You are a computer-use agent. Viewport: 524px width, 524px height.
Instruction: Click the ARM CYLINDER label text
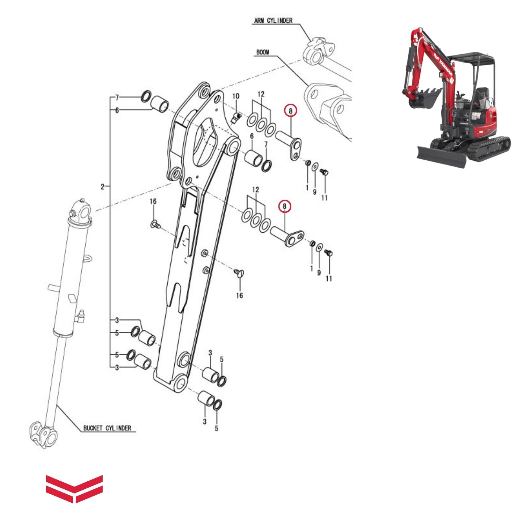click(x=273, y=21)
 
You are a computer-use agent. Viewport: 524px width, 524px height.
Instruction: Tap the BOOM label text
click(x=263, y=52)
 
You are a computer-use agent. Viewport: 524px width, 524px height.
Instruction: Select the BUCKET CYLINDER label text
click(x=107, y=428)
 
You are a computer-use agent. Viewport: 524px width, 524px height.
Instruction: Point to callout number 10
click(x=236, y=96)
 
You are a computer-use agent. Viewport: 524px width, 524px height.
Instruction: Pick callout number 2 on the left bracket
click(x=102, y=187)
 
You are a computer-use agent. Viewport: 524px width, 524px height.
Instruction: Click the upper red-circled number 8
click(x=290, y=111)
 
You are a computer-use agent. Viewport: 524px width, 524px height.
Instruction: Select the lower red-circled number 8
click(x=284, y=206)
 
